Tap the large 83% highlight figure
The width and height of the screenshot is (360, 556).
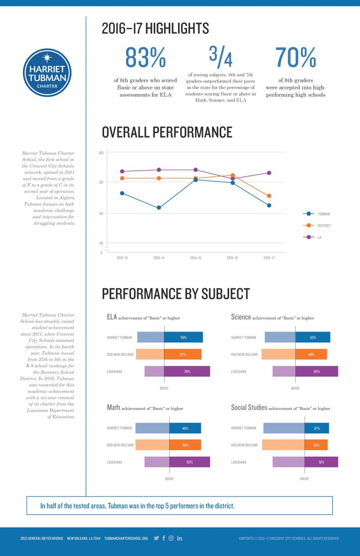(145, 58)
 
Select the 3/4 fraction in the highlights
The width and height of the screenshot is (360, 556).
(220, 57)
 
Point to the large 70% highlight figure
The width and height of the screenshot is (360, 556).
(295, 58)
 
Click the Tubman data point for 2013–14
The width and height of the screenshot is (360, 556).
(159, 208)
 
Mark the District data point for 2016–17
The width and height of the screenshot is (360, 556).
(269, 196)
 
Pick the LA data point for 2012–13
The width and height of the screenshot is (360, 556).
(122, 171)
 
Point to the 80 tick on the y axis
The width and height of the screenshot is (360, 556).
(101, 182)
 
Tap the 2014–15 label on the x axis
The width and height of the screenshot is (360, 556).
(195, 258)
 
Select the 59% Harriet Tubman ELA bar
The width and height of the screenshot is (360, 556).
(183, 337)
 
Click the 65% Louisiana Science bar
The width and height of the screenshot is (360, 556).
(316, 371)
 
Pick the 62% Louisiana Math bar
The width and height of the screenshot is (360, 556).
(189, 462)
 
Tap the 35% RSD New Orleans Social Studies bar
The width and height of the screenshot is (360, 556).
(316, 445)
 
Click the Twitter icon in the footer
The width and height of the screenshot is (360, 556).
(157, 538)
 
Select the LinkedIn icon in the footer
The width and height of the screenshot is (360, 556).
(180, 538)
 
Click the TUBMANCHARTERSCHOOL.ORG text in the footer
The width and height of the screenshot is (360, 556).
(126, 538)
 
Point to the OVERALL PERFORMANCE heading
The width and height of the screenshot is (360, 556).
(167, 132)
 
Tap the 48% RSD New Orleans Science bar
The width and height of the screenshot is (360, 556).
(311, 355)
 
